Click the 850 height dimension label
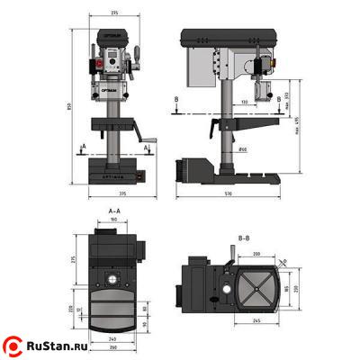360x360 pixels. click(76, 107)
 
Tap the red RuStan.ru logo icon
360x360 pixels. click(14, 345)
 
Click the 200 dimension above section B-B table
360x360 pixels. click(257, 255)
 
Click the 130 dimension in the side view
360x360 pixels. click(245, 103)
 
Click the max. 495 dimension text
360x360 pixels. click(294, 135)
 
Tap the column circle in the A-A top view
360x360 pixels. click(113, 272)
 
